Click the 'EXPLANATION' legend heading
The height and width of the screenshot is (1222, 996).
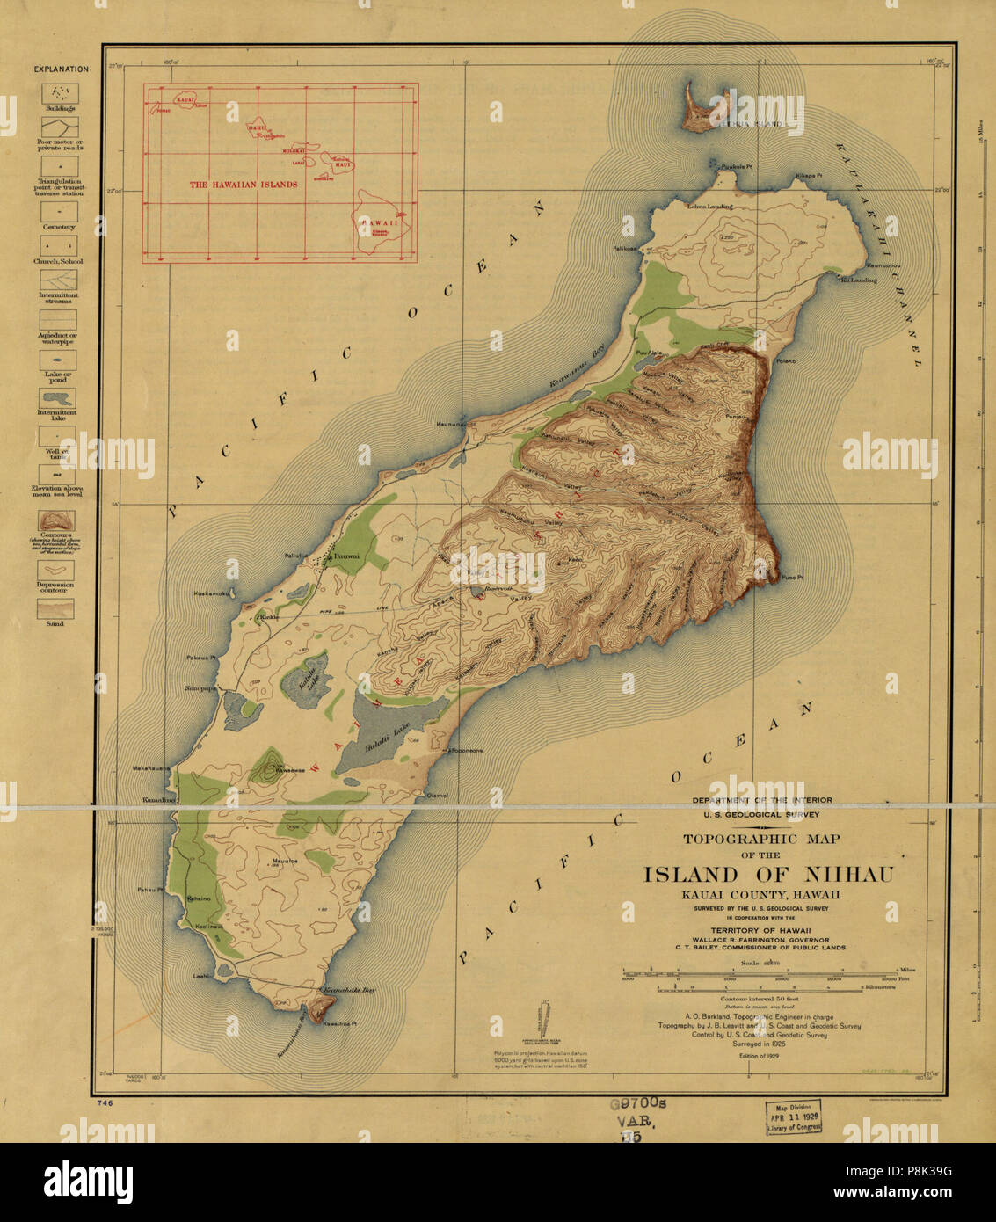pos(61,69)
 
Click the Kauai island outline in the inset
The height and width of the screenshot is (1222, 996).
pos(185,101)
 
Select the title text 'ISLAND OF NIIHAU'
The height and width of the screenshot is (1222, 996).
pos(769,875)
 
